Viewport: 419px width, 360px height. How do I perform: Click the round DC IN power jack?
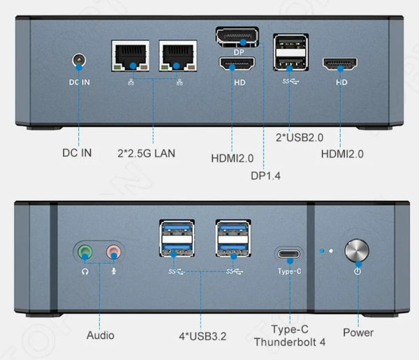coord(78,62)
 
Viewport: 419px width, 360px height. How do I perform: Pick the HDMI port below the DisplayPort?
coord(237,65)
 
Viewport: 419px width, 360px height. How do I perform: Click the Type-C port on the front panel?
coord(289,253)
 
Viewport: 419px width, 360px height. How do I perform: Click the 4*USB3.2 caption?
coord(202,336)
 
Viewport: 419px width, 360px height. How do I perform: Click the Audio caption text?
coord(100,336)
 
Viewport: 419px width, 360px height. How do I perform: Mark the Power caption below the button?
coord(358,333)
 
